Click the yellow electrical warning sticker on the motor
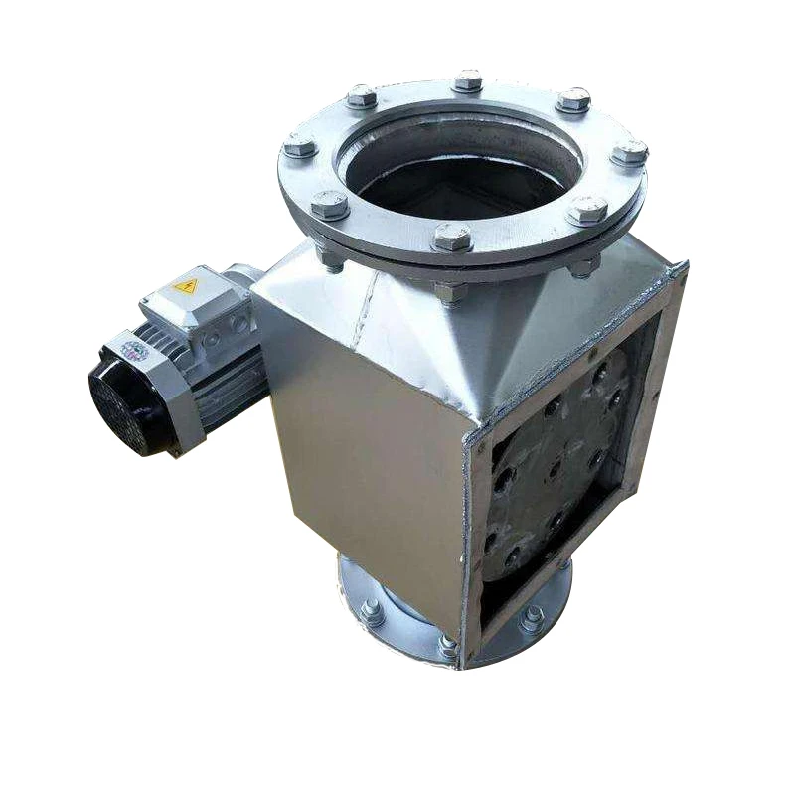point(186,286)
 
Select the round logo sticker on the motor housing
point(134,351)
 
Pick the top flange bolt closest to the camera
point(452,237)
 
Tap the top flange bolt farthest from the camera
point(467,80)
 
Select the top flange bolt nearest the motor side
point(299,147)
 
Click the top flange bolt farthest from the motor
point(629,153)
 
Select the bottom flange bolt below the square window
point(533,618)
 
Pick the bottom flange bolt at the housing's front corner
point(448,647)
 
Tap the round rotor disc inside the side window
point(556,457)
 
